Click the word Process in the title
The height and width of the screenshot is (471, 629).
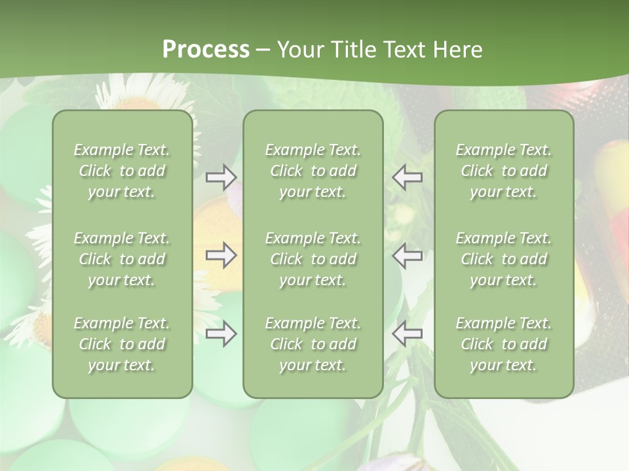pyautogui.click(x=206, y=50)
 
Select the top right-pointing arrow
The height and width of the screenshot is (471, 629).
pyautogui.click(x=221, y=177)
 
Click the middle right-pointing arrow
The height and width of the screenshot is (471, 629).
pyautogui.click(x=221, y=255)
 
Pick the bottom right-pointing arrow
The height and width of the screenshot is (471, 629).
pyautogui.click(x=221, y=334)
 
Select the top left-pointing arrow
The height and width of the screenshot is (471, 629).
pyautogui.click(x=407, y=177)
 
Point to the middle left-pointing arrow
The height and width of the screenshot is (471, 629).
pyautogui.click(x=407, y=255)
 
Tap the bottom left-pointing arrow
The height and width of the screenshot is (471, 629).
pyautogui.click(x=407, y=334)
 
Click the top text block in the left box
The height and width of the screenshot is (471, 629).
pyautogui.click(x=122, y=171)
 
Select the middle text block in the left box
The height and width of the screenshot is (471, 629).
pyautogui.click(x=122, y=259)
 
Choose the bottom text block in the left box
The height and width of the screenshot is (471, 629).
pyautogui.click(x=122, y=344)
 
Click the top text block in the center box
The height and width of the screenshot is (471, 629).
pyautogui.click(x=313, y=171)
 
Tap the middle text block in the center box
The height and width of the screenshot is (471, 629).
pyautogui.click(x=313, y=259)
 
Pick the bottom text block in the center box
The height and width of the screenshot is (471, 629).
pyautogui.click(x=313, y=344)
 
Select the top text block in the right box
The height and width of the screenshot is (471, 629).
pyautogui.click(x=503, y=171)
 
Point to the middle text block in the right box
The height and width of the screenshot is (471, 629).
pyautogui.click(x=503, y=259)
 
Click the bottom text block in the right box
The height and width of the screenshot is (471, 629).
pyautogui.click(x=503, y=344)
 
